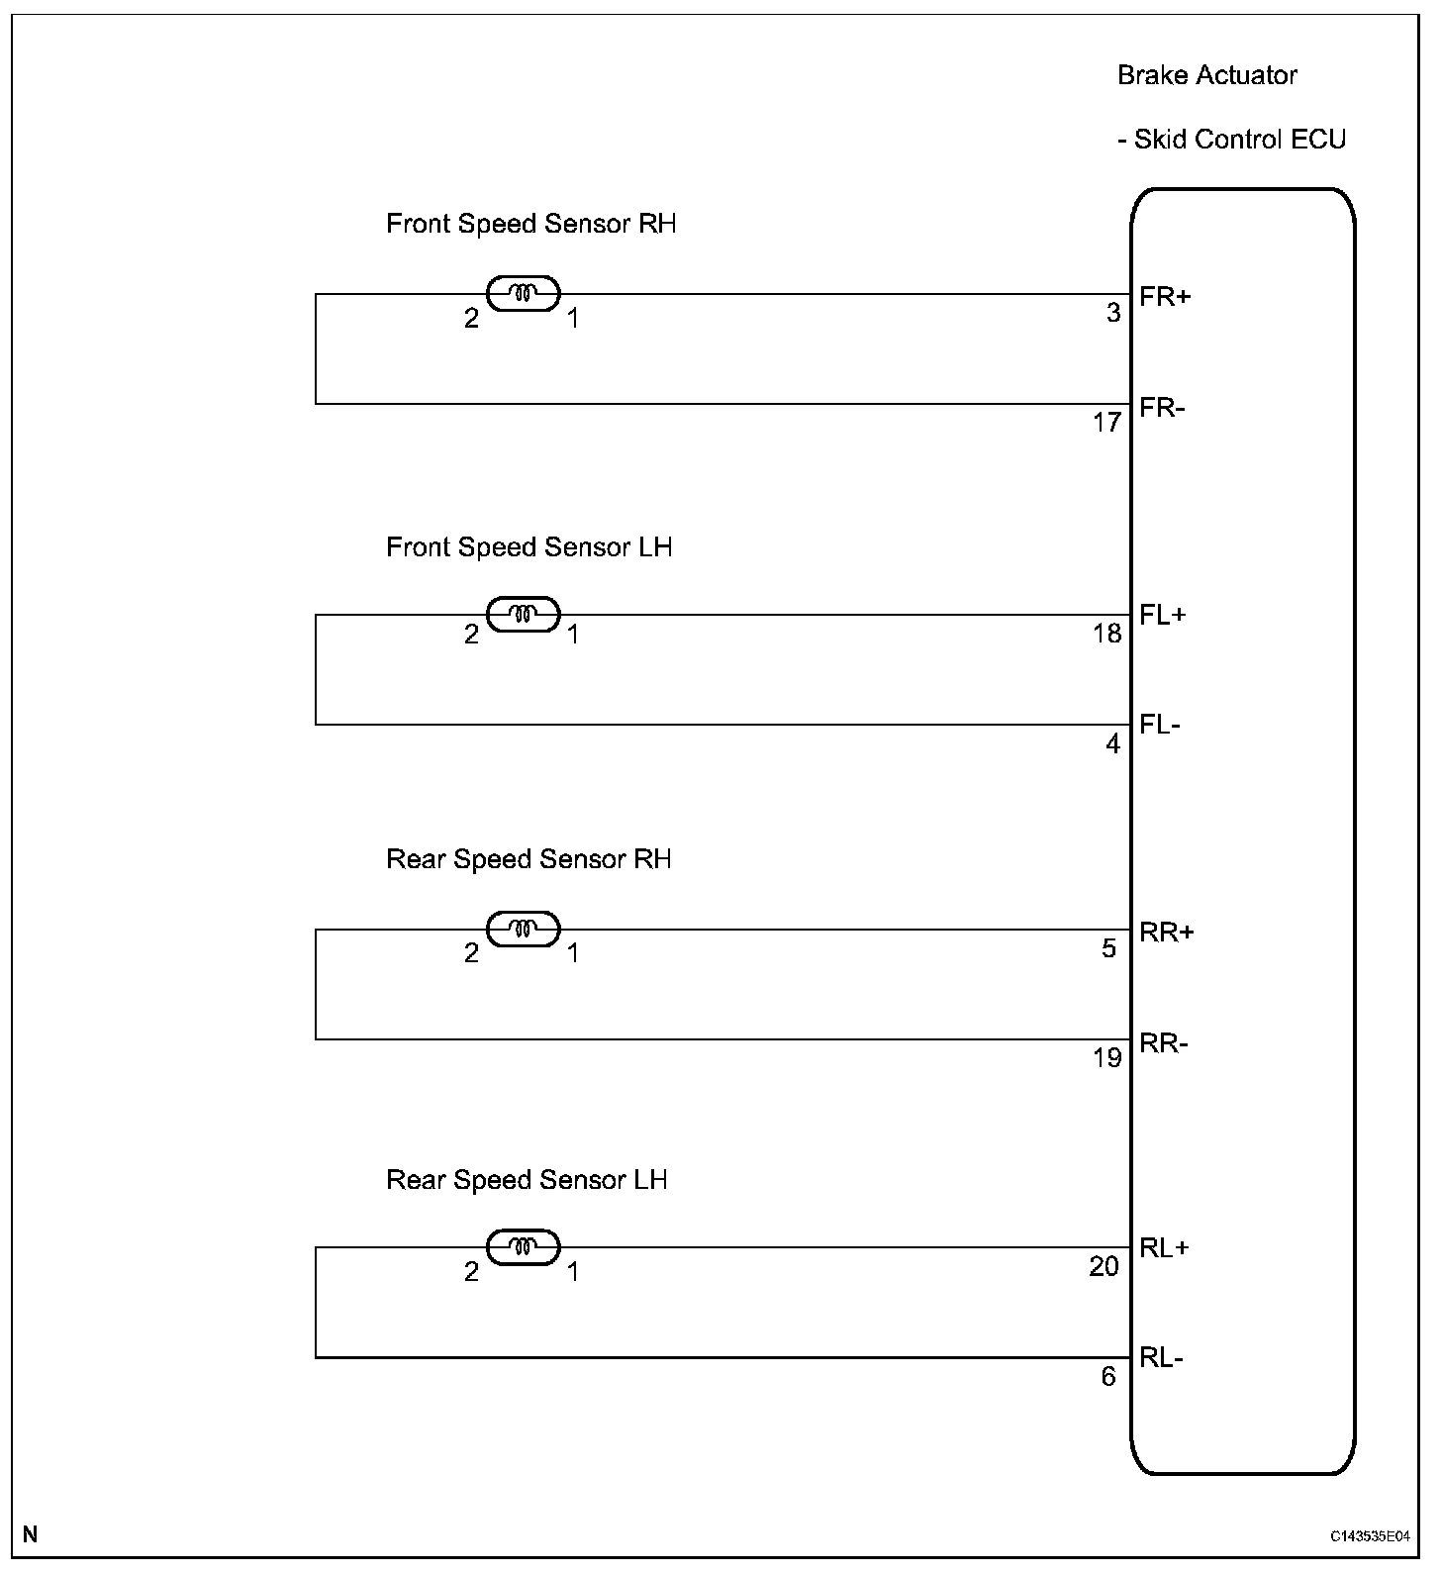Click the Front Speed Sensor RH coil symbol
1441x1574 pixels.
[x=524, y=293]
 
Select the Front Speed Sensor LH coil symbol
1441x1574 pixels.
[x=524, y=614]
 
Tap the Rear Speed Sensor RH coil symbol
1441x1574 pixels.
[x=524, y=929]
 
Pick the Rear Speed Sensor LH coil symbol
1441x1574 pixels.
[x=524, y=1246]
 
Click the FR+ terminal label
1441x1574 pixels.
[x=1165, y=296]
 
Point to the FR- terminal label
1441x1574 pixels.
[x=1162, y=407]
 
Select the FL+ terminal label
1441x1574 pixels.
[x=1163, y=615]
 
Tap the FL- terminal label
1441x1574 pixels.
[x=1160, y=725]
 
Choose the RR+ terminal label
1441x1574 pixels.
[x=1167, y=932]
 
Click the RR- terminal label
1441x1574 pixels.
[x=1164, y=1042]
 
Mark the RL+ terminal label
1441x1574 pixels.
[x=1165, y=1248]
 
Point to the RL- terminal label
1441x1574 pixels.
[x=1162, y=1358]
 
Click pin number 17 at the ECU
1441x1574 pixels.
[x=1107, y=423]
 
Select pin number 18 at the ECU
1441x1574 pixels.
[x=1107, y=634]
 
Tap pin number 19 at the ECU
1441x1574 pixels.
[x=1107, y=1058]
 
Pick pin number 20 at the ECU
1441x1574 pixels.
[x=1105, y=1267]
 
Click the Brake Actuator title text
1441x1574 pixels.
[x=1206, y=75]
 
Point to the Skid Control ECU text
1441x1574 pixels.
[x=1239, y=140]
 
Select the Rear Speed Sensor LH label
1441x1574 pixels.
[x=527, y=1180]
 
